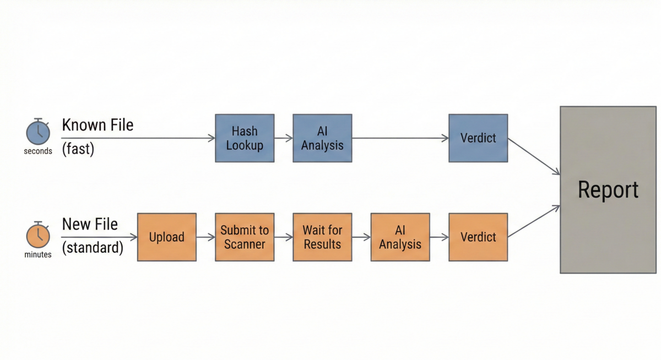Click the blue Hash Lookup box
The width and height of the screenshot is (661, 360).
point(245,138)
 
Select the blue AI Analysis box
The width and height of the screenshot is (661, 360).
point(322,138)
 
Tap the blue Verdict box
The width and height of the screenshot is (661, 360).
point(478,138)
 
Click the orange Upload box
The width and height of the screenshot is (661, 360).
point(166,237)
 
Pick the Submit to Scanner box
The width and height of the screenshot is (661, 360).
point(245,237)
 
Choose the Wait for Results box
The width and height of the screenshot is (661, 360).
point(322,237)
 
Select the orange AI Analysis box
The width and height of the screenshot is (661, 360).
point(400,237)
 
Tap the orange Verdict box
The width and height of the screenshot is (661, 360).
point(478,237)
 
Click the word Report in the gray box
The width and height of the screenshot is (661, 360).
point(608,190)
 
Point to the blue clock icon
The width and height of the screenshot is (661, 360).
point(38,132)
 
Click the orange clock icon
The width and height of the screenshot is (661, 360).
point(38,235)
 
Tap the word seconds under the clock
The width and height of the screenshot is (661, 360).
point(38,151)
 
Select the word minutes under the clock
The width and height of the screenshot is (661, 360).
point(38,255)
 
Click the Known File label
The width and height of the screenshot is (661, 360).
point(97,125)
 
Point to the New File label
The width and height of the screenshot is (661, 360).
point(90,225)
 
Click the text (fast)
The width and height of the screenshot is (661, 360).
point(78,149)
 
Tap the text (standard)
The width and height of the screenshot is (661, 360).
point(93,248)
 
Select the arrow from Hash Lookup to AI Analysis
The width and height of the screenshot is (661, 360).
point(283,138)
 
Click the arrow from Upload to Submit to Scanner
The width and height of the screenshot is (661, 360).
point(205,237)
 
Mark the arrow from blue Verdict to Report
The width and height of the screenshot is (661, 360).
point(534,157)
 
